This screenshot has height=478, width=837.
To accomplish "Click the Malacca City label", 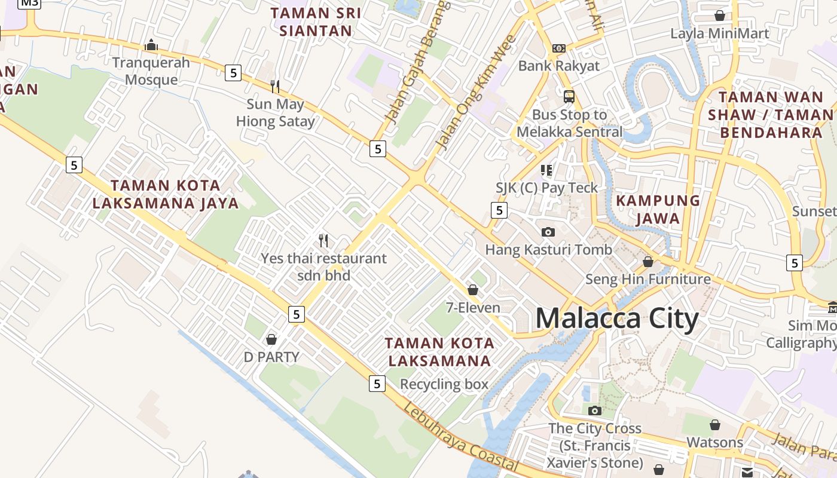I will tap(616, 318).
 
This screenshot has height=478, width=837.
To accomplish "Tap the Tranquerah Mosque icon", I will tap(151, 45).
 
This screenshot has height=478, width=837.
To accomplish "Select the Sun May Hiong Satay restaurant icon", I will tap(275, 86).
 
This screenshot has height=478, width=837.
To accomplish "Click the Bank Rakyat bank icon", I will tap(559, 48).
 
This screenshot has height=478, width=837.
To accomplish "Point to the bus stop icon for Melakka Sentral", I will tap(569, 96).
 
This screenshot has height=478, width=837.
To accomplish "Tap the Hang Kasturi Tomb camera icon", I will tap(548, 232).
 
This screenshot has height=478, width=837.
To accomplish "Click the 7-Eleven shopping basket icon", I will tap(473, 290).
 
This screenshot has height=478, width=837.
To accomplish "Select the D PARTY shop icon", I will tap(271, 339).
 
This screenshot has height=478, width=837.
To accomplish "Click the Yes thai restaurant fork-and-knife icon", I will tap(323, 241).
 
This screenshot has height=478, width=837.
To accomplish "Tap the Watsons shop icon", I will tap(714, 425).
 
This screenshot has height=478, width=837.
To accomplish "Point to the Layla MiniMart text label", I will tap(720, 33).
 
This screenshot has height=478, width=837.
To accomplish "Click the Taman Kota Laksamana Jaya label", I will tap(166, 194).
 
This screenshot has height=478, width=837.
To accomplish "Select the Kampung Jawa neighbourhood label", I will tap(658, 209).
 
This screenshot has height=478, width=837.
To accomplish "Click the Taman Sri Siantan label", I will tap(316, 22).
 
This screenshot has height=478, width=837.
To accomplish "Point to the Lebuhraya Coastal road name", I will tap(460, 438).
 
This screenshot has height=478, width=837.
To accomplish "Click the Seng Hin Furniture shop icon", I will tap(648, 262).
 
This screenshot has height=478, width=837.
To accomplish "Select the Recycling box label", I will tap(444, 384).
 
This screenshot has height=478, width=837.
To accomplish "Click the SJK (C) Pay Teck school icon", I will tap(546, 170).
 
